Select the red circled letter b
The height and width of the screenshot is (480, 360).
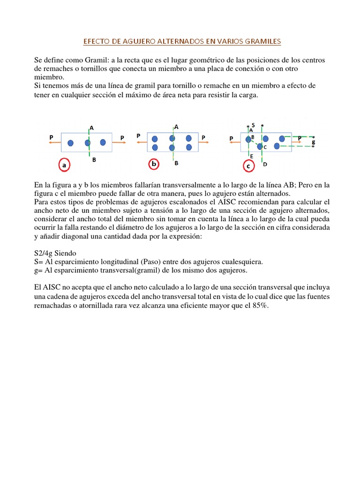point(153,165)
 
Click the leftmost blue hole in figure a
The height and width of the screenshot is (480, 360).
point(70,143)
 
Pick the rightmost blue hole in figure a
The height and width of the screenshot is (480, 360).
point(103,142)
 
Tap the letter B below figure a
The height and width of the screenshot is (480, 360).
point(94,160)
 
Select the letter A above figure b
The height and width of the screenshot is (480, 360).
point(176,127)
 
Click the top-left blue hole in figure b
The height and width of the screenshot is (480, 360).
point(155,138)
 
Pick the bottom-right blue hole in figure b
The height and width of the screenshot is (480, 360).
point(189,147)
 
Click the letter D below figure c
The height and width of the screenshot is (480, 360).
point(265,165)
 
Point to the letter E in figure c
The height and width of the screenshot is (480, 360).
point(252,156)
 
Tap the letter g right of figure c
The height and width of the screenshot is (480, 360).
point(313,142)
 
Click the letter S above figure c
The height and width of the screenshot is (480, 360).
point(253,125)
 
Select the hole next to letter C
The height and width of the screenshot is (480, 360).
point(259,146)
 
